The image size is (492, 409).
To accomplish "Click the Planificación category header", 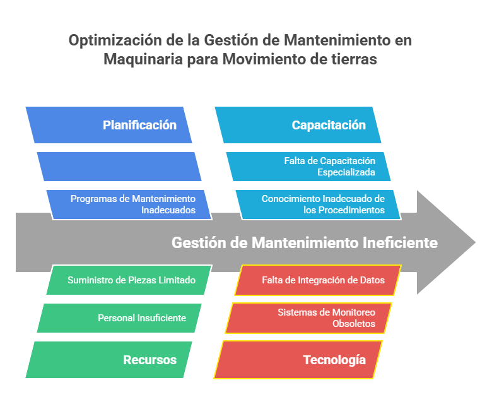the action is tap(108, 125).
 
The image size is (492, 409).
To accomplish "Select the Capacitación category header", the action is tap(298, 125).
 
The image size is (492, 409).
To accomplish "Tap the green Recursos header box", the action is tap(108, 360).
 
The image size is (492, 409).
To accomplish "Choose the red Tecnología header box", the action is tap(298, 360).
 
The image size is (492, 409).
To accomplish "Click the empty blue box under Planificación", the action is tap(119, 167).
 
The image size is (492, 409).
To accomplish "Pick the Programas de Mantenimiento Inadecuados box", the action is tap(129, 204).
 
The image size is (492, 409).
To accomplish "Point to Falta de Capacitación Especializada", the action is tap(308, 167).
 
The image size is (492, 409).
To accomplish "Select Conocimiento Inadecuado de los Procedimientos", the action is tap(318, 204).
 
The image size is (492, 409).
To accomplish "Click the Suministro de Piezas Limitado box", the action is tap(129, 280).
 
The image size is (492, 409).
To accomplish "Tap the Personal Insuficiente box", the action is tap(119, 318).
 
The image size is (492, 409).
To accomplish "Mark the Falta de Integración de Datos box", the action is tap(318, 280).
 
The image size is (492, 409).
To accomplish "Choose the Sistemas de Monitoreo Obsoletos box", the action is tap(308, 318).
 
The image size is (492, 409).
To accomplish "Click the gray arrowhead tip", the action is tap(476, 242).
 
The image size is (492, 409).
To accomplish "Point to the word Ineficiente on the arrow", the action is tap(400, 242).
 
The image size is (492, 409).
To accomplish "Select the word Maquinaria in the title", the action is tap(143, 59).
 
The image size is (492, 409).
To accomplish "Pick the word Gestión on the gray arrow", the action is tap(199, 242).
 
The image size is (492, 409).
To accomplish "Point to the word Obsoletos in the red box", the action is tap(354, 324).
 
